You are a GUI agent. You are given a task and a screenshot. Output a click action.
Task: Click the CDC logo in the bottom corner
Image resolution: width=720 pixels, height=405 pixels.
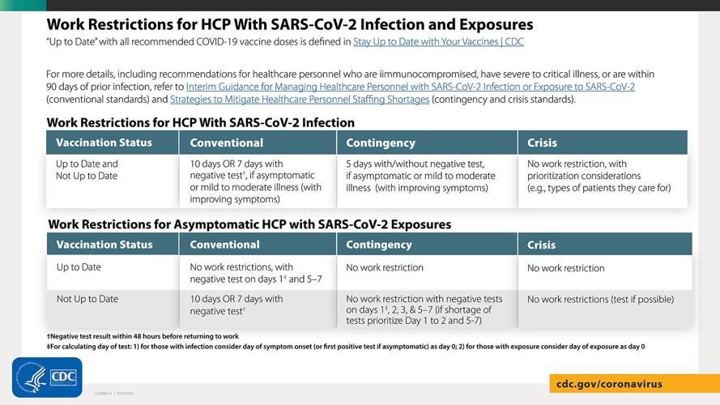point(47,377)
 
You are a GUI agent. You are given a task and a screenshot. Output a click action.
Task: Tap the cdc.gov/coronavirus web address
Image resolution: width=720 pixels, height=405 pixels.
point(609,383)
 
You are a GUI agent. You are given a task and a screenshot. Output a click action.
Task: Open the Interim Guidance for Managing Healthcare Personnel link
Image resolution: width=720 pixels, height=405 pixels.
point(410,87)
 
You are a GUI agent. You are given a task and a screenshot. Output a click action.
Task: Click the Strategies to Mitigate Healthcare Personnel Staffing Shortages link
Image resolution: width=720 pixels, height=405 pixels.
point(300,100)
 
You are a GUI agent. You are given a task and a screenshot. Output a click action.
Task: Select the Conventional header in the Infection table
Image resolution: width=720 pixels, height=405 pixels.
point(227,143)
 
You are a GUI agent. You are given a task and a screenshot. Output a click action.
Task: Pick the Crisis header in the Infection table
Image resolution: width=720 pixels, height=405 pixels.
point(542,143)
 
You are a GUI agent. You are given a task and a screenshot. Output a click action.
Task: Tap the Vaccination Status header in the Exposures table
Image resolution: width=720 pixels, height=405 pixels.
point(104,245)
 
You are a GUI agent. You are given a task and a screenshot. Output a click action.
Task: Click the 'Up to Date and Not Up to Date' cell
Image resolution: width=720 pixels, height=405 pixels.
point(87,169)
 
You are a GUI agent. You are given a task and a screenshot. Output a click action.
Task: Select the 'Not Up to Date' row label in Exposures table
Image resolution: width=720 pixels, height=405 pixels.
point(87,299)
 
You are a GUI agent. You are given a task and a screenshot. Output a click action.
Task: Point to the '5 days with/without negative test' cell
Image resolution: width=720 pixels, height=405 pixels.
point(422,176)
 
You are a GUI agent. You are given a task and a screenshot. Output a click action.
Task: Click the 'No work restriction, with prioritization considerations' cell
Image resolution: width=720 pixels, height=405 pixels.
point(599,176)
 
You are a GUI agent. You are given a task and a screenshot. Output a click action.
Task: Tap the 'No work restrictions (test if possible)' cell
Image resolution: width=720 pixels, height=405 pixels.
point(599,300)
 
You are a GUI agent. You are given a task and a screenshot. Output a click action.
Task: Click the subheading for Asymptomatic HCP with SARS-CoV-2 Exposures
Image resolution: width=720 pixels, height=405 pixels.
point(249,224)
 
